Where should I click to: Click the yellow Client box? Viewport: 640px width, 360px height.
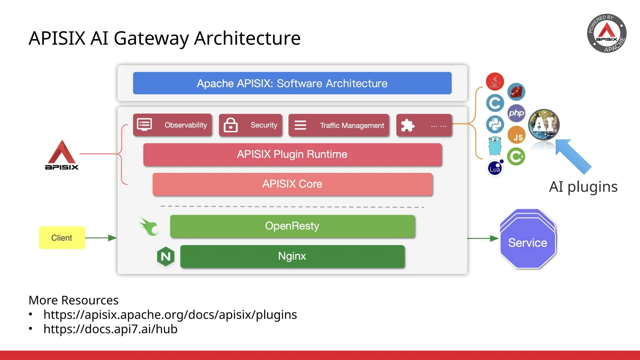click(62, 238)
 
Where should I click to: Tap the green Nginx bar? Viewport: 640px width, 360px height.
click(292, 256)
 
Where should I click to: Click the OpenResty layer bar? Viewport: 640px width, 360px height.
click(292, 226)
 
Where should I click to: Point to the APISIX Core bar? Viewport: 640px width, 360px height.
click(292, 184)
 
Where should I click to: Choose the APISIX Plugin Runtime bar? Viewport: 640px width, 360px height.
click(292, 154)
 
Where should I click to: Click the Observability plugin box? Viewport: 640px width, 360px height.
click(172, 125)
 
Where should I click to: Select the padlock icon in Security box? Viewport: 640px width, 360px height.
click(231, 125)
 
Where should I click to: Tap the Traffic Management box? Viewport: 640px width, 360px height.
click(339, 125)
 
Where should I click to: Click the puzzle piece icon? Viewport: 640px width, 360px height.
click(407, 125)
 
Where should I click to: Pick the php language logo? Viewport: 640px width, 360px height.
click(516, 113)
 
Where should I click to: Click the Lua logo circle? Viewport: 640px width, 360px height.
click(495, 169)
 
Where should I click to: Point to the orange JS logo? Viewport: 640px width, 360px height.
click(517, 136)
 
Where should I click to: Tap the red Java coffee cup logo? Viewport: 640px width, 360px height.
click(495, 82)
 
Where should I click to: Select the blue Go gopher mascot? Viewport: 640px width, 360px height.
click(495, 146)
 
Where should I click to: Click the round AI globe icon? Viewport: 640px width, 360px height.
click(544, 124)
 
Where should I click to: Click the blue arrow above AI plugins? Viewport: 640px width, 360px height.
click(574, 156)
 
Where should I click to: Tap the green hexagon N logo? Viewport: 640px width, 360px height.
click(166, 257)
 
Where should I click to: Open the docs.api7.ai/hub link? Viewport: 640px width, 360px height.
click(110, 329)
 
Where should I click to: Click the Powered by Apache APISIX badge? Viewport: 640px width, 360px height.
click(607, 33)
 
